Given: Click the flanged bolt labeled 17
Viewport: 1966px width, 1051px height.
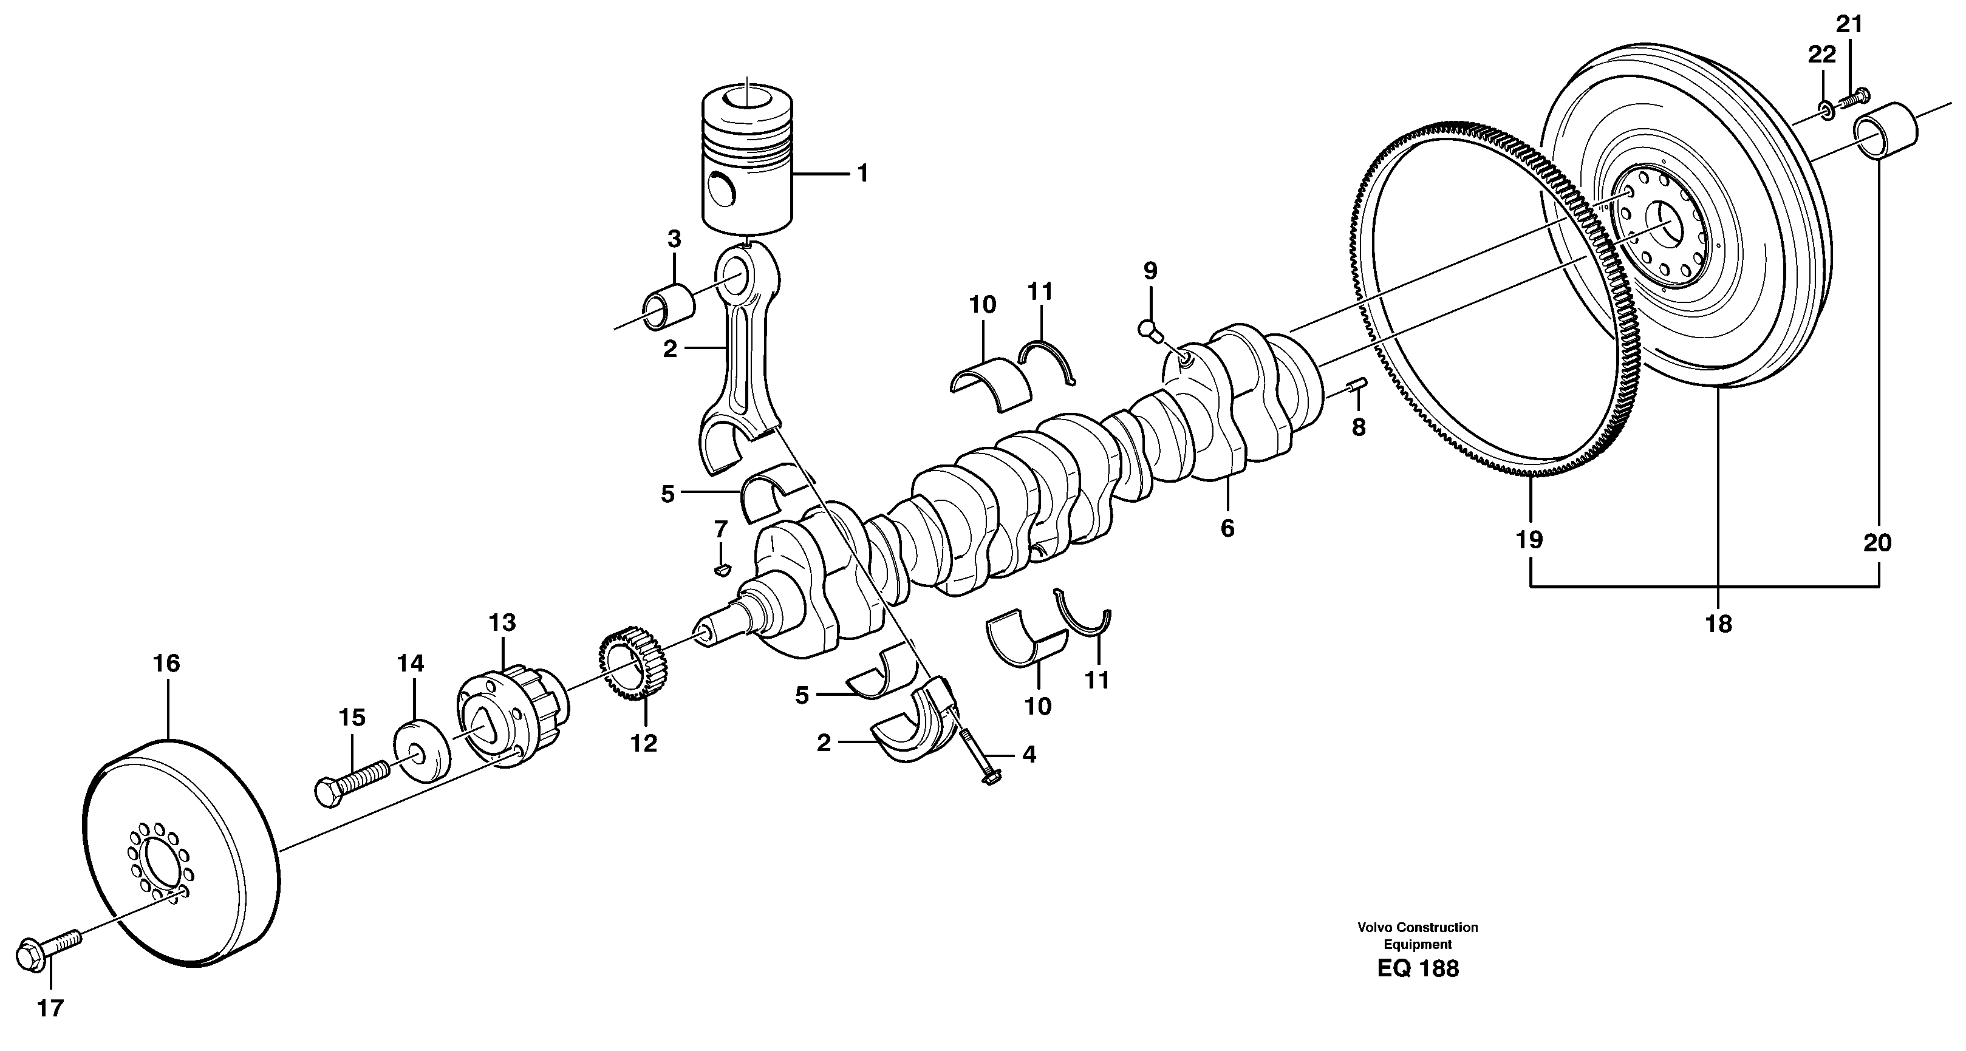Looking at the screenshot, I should coord(47,953).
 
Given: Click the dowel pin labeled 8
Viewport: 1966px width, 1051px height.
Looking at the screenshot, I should coord(1359,385).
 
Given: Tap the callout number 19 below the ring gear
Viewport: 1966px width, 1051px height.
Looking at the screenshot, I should coord(1529,539).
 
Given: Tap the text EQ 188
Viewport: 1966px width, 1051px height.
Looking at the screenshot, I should coord(1418,968).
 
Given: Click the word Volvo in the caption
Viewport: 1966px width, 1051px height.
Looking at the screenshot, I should coord(1375,928).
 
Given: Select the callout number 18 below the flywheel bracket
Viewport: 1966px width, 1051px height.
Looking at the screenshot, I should coord(1718,624).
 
